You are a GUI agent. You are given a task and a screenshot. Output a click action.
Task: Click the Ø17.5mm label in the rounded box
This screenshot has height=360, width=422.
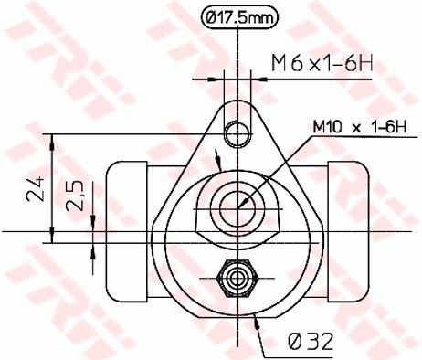click(x=239, y=18)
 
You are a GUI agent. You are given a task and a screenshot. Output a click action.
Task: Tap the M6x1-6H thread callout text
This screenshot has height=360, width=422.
click(x=322, y=64)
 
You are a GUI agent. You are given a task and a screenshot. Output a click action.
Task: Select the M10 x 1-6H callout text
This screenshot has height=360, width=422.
click(x=360, y=127)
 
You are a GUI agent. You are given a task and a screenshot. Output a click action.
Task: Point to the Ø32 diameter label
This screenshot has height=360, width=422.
click(x=311, y=341)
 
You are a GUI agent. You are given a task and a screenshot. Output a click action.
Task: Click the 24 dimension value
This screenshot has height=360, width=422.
click(x=37, y=188)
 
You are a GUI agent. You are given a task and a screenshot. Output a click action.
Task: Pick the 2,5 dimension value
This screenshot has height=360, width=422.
click(x=75, y=196)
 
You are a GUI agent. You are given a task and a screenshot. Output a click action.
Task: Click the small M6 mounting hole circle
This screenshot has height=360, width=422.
click(x=237, y=133)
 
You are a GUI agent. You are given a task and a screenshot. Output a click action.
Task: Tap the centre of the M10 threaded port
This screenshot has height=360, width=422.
click(x=237, y=208)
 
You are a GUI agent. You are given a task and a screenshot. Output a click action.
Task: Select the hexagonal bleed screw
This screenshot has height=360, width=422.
click(x=237, y=278)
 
